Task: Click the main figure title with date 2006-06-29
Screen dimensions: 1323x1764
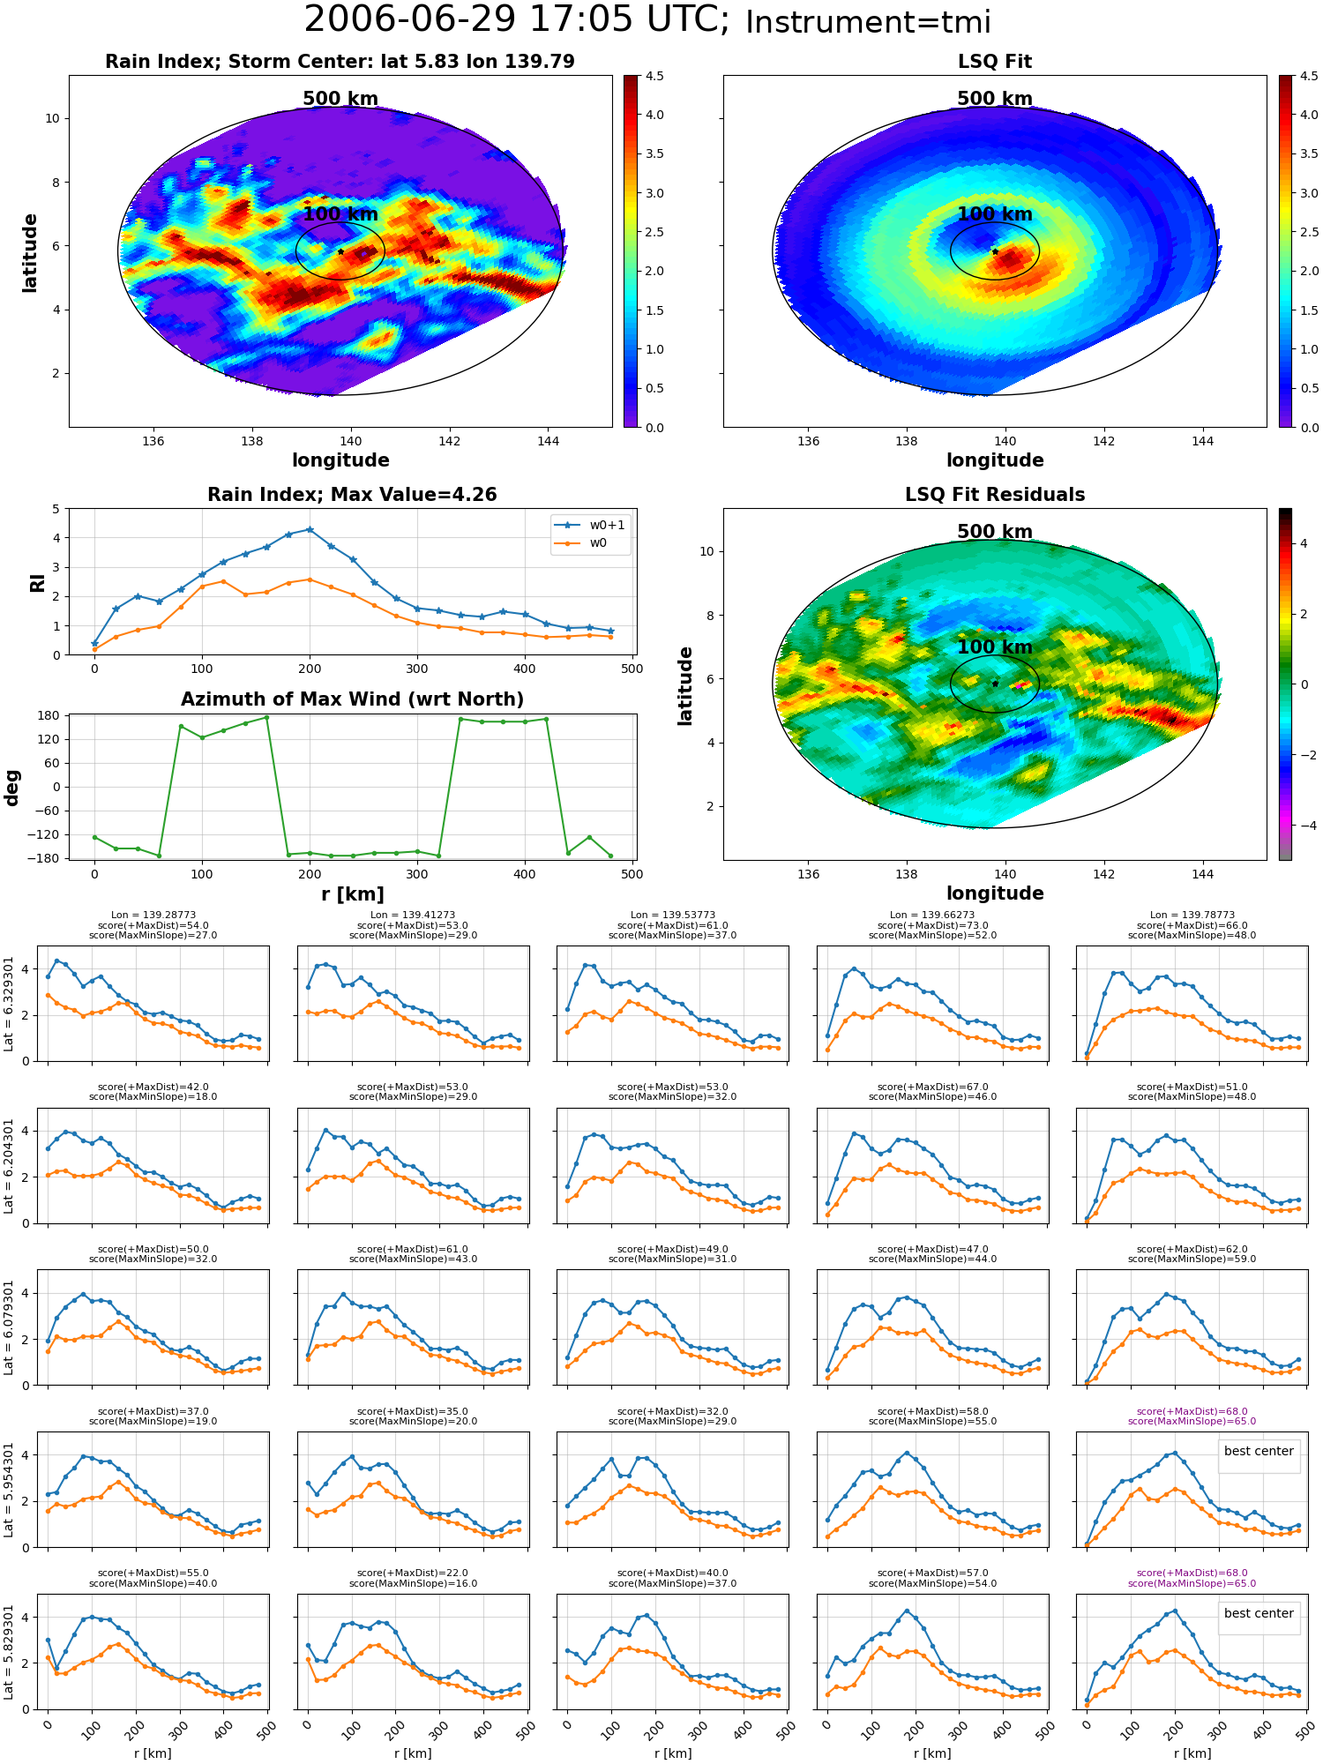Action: [x=647, y=20]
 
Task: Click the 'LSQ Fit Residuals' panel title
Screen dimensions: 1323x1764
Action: [x=995, y=495]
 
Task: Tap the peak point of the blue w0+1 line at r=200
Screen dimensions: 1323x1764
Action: [x=310, y=529]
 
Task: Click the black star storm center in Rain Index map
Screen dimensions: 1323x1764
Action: [x=340, y=251]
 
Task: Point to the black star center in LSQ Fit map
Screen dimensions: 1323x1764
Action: [x=995, y=251]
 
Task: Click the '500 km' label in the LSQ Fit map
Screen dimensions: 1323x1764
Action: [x=995, y=99]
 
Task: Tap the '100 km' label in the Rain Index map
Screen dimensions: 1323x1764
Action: [x=340, y=214]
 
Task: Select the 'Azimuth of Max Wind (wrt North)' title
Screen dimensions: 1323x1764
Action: [x=353, y=699]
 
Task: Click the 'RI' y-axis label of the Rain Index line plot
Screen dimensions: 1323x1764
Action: [x=37, y=583]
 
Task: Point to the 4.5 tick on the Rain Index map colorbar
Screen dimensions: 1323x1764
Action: [x=654, y=77]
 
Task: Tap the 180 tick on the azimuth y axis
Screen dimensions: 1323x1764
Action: [x=49, y=715]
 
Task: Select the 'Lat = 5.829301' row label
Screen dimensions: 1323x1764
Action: [x=9, y=1652]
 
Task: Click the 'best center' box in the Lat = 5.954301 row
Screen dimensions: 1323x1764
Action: [x=1259, y=1451]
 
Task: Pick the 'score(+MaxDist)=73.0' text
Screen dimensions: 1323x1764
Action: [x=932, y=925]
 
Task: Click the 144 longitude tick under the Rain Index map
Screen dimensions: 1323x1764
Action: [x=548, y=441]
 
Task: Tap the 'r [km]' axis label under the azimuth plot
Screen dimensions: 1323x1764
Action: [x=353, y=894]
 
